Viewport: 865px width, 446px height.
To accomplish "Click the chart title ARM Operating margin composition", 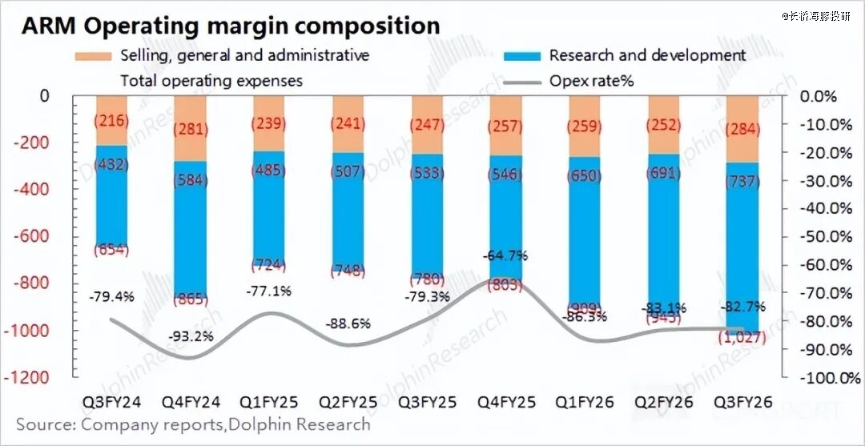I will (231, 26).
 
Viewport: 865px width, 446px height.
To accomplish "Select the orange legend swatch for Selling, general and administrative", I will (93, 56).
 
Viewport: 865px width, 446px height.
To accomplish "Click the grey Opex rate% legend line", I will (521, 82).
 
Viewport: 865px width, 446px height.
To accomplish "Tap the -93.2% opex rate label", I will (191, 336).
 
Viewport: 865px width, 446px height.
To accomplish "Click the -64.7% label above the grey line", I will (505, 256).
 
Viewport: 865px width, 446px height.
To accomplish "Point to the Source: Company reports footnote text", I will (193, 424).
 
